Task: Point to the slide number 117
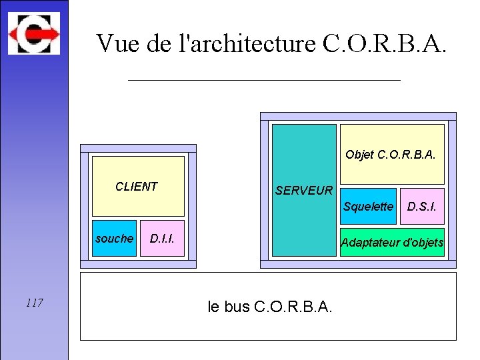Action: click(x=35, y=303)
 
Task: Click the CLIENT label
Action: click(x=137, y=187)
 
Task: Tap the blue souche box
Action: click(x=114, y=239)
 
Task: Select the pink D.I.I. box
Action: click(x=162, y=239)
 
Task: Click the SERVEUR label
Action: click(x=304, y=191)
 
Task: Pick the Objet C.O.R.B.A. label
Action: click(x=391, y=155)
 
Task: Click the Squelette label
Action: click(x=368, y=207)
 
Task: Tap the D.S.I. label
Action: click(x=422, y=207)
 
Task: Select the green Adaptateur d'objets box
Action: click(x=392, y=243)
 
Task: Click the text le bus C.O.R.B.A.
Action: click(x=270, y=307)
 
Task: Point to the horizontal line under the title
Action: click(x=264, y=80)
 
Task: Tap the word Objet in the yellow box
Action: click(x=359, y=155)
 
